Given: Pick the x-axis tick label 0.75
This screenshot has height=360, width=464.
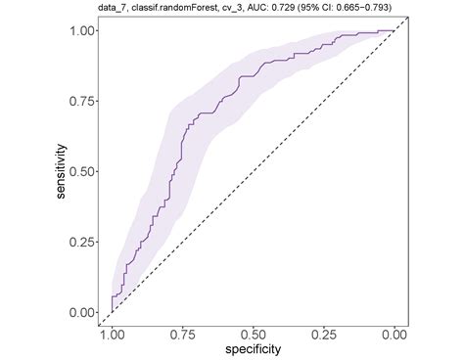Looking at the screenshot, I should (182, 336).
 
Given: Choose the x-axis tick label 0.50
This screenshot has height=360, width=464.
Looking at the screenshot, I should (253, 336).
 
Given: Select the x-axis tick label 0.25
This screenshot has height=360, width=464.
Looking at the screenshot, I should (323, 336).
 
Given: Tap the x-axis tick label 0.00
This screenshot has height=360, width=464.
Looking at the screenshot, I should (394, 336).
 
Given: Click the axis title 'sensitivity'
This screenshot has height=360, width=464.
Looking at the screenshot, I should (61, 171).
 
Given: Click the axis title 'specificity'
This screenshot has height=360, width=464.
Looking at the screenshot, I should (253, 349).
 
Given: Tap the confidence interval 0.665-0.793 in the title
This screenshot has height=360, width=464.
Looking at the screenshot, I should (375, 9).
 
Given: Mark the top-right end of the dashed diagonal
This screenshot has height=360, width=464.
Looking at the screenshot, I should (394, 30).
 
